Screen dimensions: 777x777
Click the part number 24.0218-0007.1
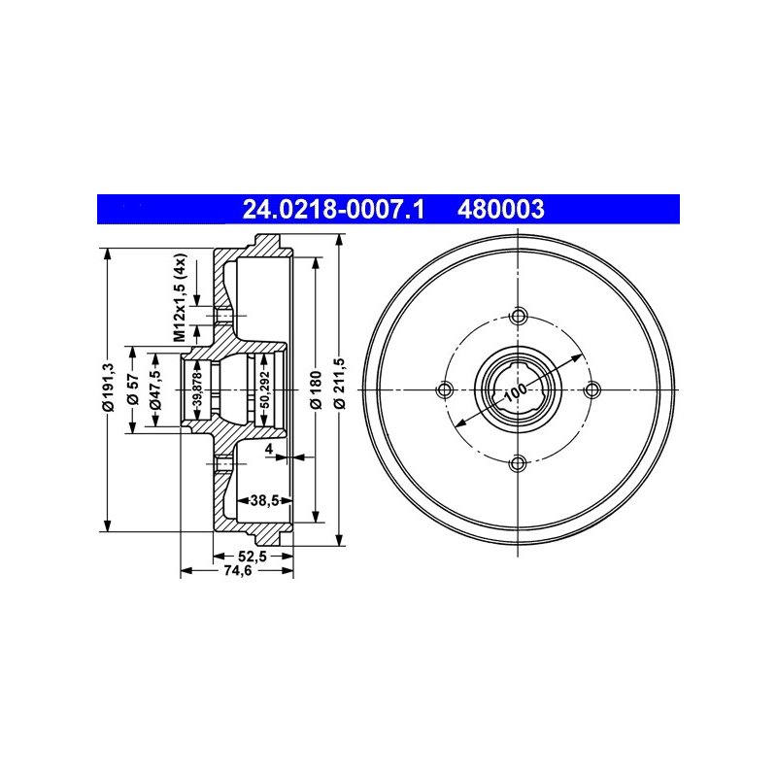333,209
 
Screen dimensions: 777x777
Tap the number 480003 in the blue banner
501,209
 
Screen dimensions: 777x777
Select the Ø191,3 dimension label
109,387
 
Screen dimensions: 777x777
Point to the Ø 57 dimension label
132,389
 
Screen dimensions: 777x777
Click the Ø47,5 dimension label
155,389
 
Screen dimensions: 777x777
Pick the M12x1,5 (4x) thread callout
181,297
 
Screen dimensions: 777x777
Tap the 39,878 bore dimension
198,389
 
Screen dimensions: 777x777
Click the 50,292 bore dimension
264,389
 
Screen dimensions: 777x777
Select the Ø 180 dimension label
317,389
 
